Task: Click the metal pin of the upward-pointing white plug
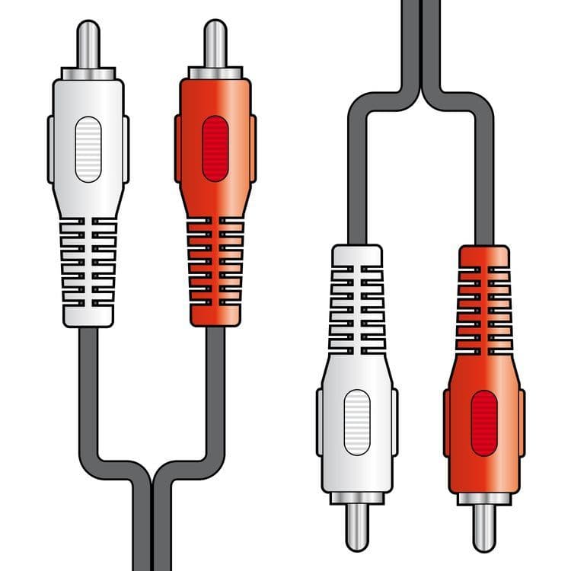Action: click(88, 44)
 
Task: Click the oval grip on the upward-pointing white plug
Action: click(88, 148)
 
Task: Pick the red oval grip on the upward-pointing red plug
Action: click(215, 148)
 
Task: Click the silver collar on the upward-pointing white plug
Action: click(88, 74)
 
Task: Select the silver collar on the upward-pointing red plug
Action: click(215, 74)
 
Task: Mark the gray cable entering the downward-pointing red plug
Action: click(483, 190)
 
